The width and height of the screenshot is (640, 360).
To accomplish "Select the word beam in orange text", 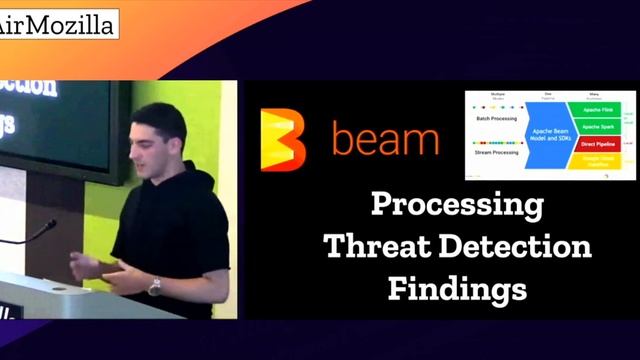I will click(x=385, y=140).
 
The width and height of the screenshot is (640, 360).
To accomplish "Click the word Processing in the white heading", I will click(x=457, y=206).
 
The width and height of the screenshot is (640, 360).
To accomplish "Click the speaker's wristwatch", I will click(x=154, y=286).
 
